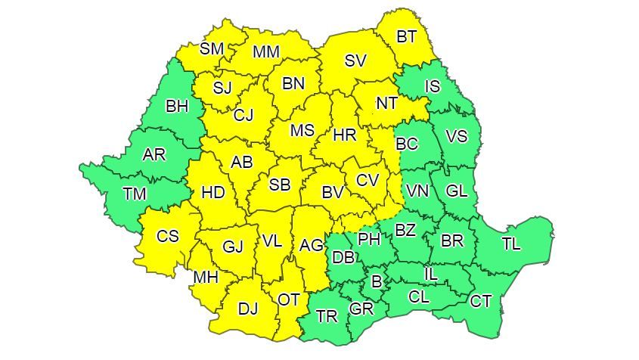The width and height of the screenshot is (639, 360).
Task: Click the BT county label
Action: click(x=406, y=36)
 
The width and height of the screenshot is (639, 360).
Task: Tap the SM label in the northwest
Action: click(x=212, y=49)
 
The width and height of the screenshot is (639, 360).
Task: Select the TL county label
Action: click(x=510, y=244)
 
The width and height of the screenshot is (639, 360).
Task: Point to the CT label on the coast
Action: click(x=481, y=302)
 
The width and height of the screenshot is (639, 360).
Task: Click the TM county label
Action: click(x=135, y=194)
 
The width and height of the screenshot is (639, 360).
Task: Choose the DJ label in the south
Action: click(x=247, y=309)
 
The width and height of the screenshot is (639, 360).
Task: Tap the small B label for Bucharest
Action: click(x=375, y=281)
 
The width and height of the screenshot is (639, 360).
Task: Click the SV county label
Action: click(x=355, y=61)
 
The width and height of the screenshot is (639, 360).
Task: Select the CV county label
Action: click(x=367, y=180)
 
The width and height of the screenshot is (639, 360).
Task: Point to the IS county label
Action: click(x=432, y=86)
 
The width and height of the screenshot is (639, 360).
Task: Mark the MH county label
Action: click(x=205, y=278)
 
